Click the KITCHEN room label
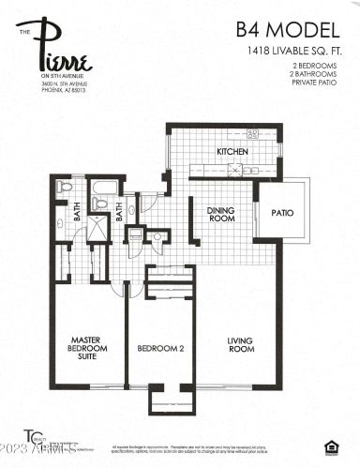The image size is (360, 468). tap(232, 152)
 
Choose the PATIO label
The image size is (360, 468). tap(282, 213)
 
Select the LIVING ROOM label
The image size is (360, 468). tap(241, 346)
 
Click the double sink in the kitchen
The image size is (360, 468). tap(255, 133)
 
